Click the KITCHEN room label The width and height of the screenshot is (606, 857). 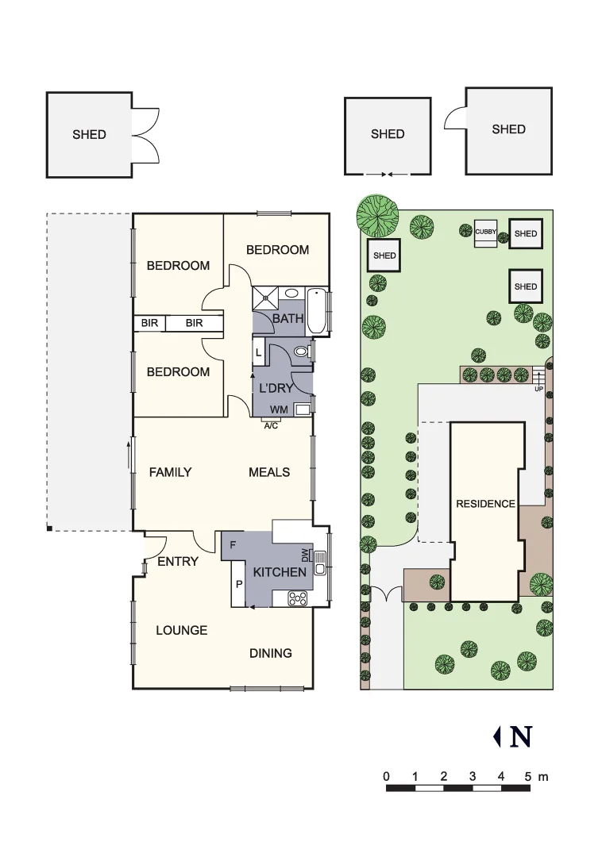tap(280, 572)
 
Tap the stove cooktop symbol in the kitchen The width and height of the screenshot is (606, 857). tap(297, 598)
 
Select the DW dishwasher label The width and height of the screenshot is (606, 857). tap(304, 555)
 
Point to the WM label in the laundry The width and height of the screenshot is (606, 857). tap(278, 409)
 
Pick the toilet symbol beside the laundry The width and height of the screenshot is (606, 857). tap(301, 351)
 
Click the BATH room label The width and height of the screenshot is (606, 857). tap(288, 319)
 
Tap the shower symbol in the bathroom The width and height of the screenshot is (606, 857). tap(266, 298)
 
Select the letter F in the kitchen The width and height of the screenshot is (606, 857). tap(233, 545)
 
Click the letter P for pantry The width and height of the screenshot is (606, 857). tap(238, 586)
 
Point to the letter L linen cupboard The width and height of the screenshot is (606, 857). tap(259, 352)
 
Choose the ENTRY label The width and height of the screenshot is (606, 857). tap(178, 561)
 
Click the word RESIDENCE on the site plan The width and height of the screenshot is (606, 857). tap(485, 504)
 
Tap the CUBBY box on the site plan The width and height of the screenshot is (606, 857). tap(486, 233)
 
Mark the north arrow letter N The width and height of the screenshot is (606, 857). tap(521, 737)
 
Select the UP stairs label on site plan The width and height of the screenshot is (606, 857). tap(539, 389)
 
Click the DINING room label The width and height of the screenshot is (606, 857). tap(271, 653)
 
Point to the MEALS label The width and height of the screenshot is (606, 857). tap(269, 472)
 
